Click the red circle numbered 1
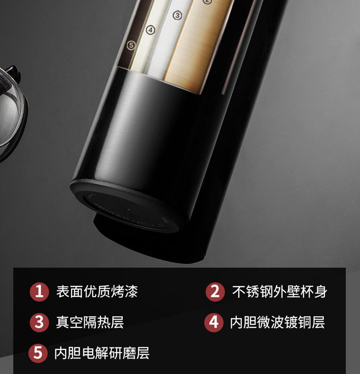coord(39,291)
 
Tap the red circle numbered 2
coord(215,291)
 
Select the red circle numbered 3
coord(39,323)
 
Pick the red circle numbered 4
coord(214,323)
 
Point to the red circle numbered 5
coord(38,353)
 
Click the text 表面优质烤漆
coord(97,291)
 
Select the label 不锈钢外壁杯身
coord(280,291)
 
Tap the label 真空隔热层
coord(90,322)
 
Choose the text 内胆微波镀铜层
coord(278,322)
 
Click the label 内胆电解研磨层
coord(102,353)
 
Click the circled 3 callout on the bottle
coord(177,16)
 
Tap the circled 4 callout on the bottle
coord(150,30)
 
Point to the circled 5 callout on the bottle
coord(131,45)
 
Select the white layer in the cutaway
coord(167,38)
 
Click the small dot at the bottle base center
coord(129,209)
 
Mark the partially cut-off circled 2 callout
coord(207,2)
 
